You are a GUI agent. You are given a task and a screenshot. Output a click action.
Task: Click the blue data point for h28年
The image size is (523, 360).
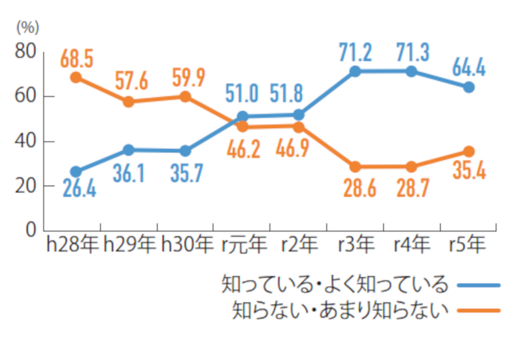pyautogui.click(x=76, y=172)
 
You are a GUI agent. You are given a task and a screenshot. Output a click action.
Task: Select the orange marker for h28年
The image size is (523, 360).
pyautogui.click(x=76, y=77)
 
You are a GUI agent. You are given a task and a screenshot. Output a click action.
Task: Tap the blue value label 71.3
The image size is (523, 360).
pyautogui.click(x=411, y=51)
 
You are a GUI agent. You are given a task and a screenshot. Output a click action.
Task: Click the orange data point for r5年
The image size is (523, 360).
pyautogui.click(x=469, y=151)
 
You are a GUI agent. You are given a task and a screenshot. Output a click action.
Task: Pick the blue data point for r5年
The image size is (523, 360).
pyautogui.click(x=469, y=87)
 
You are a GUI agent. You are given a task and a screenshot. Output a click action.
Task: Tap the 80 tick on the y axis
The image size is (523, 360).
pyautogui.click(x=27, y=51)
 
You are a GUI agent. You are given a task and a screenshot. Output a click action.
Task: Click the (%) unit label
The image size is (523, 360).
pyautogui.click(x=28, y=27)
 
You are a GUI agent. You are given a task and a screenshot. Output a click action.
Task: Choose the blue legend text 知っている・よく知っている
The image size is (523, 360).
pyautogui.click(x=335, y=284)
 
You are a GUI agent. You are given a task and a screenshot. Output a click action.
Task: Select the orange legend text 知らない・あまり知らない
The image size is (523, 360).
pyautogui.click(x=341, y=309)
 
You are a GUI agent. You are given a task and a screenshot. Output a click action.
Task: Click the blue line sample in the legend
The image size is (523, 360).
pyautogui.click(x=479, y=285)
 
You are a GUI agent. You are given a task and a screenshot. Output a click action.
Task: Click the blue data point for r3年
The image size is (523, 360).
pyautogui.click(x=355, y=71)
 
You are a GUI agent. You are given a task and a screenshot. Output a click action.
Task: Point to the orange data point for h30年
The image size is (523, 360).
pyautogui.click(x=186, y=97)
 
